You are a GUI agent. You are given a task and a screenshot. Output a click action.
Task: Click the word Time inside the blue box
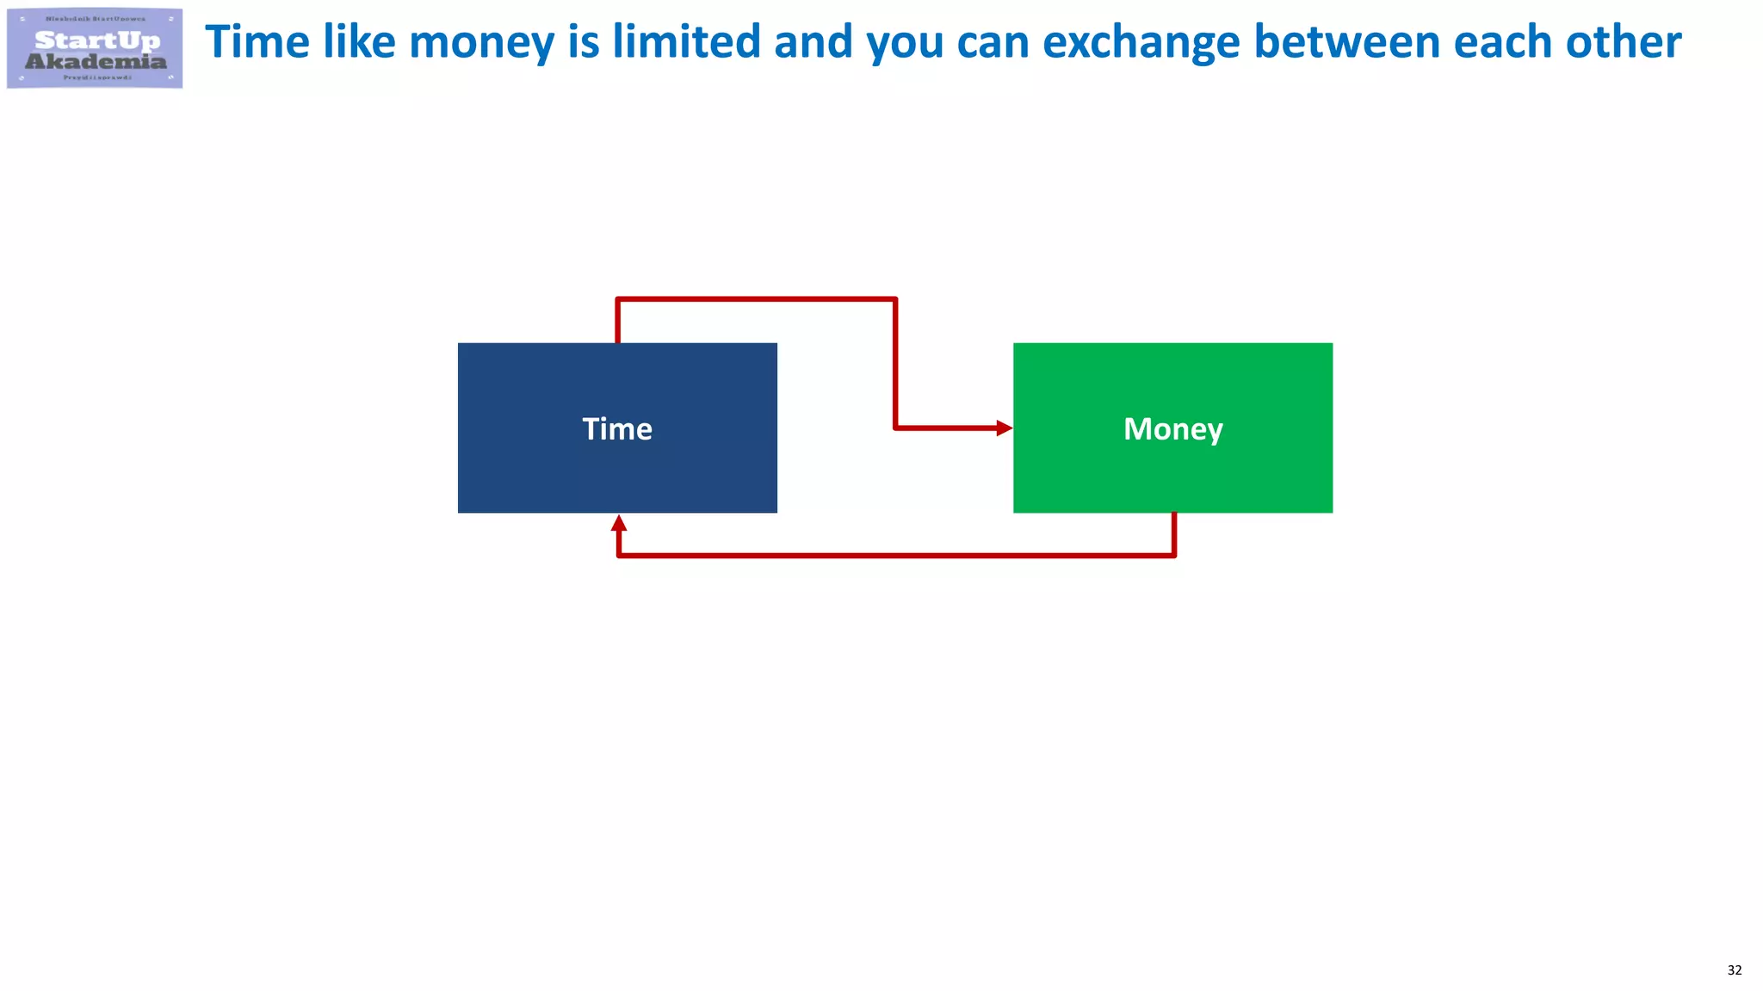point(617,428)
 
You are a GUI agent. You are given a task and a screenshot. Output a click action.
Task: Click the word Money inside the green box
point(1172,428)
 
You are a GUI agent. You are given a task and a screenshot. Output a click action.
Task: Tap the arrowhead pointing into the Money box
point(1004,428)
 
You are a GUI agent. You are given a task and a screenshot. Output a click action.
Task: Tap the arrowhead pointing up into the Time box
point(618,523)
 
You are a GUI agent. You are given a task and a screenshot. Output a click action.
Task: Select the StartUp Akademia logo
point(95,48)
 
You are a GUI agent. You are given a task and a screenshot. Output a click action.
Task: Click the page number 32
point(1734,970)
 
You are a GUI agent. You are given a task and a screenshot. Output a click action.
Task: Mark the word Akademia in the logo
point(96,61)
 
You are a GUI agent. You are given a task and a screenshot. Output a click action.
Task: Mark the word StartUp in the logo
point(97,40)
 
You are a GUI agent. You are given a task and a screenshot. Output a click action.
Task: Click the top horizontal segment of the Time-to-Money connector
point(756,299)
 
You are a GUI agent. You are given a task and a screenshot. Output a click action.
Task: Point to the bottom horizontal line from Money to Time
point(895,556)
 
